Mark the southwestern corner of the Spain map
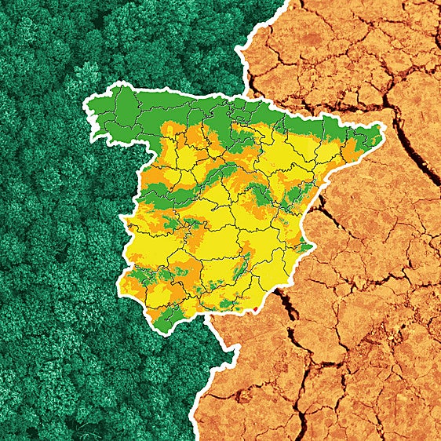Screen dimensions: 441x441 coord(122,282)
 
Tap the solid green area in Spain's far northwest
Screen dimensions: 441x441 coord(118,118)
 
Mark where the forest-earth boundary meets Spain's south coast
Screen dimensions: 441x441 coord(206,319)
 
